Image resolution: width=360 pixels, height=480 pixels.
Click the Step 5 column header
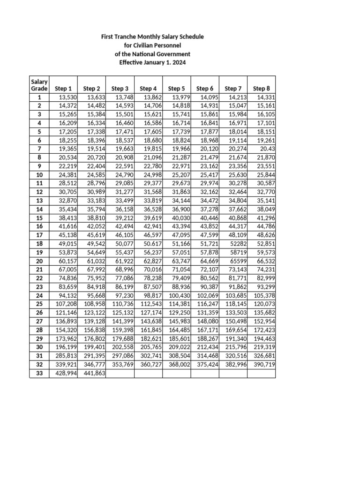pyautogui.click(x=176, y=88)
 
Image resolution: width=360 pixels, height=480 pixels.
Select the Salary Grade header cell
pyautogui.click(x=39, y=85)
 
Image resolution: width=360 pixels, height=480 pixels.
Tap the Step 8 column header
pyautogui.click(x=261, y=88)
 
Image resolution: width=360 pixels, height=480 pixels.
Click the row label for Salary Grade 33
pyautogui.click(x=39, y=374)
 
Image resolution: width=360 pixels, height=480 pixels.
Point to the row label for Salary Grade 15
pyautogui.click(x=39, y=218)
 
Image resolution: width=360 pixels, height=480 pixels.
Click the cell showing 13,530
pyautogui.click(x=63, y=97)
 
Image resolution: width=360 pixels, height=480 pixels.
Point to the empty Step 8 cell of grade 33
pyautogui.click(x=261, y=374)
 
